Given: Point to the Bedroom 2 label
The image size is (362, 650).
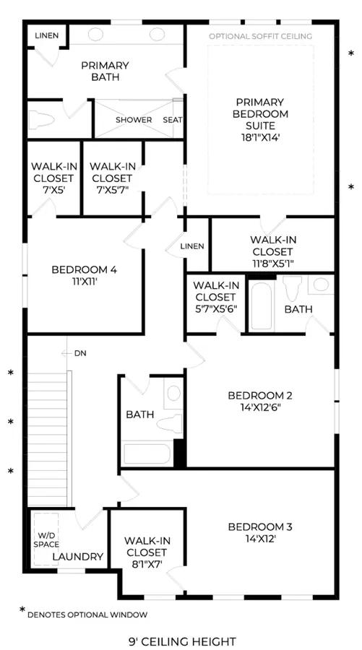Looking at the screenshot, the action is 260,401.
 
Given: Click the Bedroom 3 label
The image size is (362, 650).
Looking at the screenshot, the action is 260,533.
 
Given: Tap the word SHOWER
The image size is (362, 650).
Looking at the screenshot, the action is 134,120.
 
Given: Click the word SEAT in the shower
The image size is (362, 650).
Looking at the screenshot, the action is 173,120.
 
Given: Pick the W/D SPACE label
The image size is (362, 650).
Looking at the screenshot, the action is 49,540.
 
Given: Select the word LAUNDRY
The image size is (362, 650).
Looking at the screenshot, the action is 77,557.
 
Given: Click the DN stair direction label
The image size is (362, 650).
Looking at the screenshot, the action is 80,354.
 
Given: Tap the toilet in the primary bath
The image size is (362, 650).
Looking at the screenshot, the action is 41,120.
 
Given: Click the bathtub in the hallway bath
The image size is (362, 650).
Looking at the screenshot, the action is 147,454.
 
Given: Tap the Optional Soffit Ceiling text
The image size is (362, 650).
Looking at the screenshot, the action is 260,37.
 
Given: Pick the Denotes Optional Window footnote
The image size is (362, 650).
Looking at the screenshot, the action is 87,615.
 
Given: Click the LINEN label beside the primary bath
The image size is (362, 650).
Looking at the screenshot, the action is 47,35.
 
